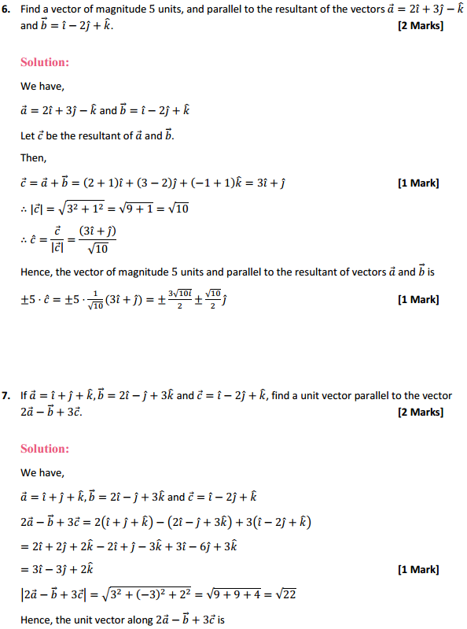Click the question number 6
point(7,9)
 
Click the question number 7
point(7,396)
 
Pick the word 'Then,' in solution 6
point(33,159)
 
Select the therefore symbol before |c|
point(24,209)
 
